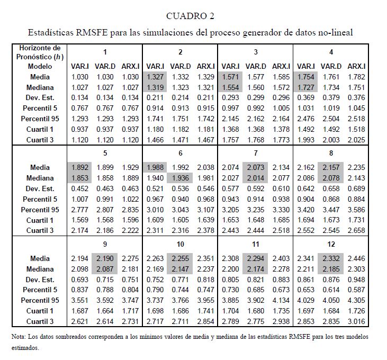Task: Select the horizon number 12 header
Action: [x=331, y=244]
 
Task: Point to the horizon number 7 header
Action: [x=256, y=153]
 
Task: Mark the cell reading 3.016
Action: [x=356, y=322]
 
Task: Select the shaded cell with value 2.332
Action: [x=331, y=258]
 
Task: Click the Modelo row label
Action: [x=40, y=66]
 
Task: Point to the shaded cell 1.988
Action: [x=156, y=167]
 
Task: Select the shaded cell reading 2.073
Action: [x=256, y=167]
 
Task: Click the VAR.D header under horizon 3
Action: [x=256, y=66]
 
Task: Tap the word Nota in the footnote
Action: [x=17, y=336]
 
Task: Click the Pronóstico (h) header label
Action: [x=36, y=57]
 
